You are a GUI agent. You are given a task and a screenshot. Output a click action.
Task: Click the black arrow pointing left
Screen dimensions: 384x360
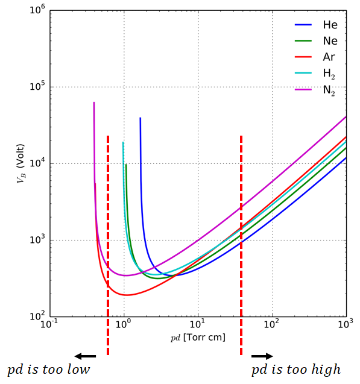[85, 356]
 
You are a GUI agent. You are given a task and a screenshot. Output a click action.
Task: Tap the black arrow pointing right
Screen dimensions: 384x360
[262, 356]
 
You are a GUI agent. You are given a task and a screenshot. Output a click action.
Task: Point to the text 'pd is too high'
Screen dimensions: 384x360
[295, 370]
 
